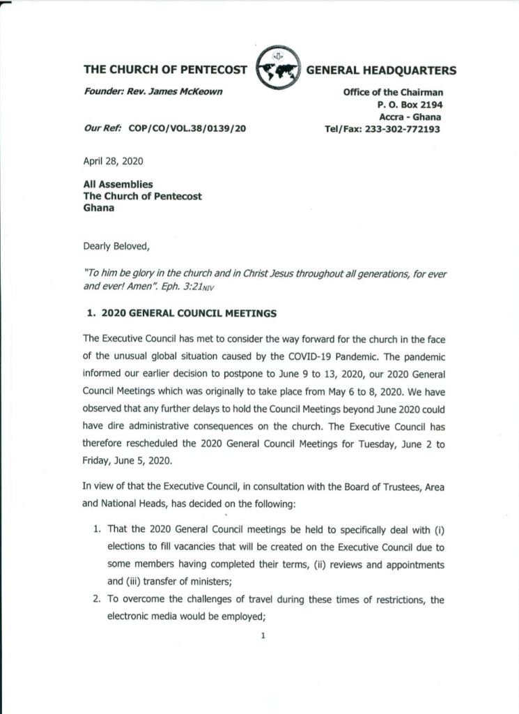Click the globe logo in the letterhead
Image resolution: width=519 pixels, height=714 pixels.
[278, 69]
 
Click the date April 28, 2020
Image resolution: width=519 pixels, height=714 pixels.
[113, 160]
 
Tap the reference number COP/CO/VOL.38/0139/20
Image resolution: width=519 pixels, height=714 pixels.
[187, 130]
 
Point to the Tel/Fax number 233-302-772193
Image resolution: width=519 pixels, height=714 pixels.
[404, 130]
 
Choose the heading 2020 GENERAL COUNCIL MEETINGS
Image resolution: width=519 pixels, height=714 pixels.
[188, 314]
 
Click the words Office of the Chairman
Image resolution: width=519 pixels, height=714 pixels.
[393, 93]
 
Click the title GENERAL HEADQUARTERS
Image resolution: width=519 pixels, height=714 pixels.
[382, 70]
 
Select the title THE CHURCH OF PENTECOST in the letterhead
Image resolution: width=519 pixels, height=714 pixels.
[165, 70]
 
